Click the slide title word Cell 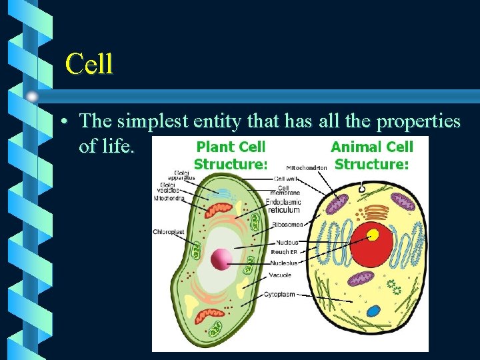89,64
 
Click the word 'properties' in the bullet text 419,121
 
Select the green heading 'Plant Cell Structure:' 230,155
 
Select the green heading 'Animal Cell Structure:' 371,155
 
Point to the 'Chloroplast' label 169,232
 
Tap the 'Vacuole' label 279,275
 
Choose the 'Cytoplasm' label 279,294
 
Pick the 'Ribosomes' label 287,225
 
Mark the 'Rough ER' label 284,252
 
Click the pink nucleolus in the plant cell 221,259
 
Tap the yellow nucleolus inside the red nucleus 373,235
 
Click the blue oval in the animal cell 373,311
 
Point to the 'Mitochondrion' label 307,168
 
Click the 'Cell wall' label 287,179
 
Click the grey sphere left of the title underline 32,96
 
